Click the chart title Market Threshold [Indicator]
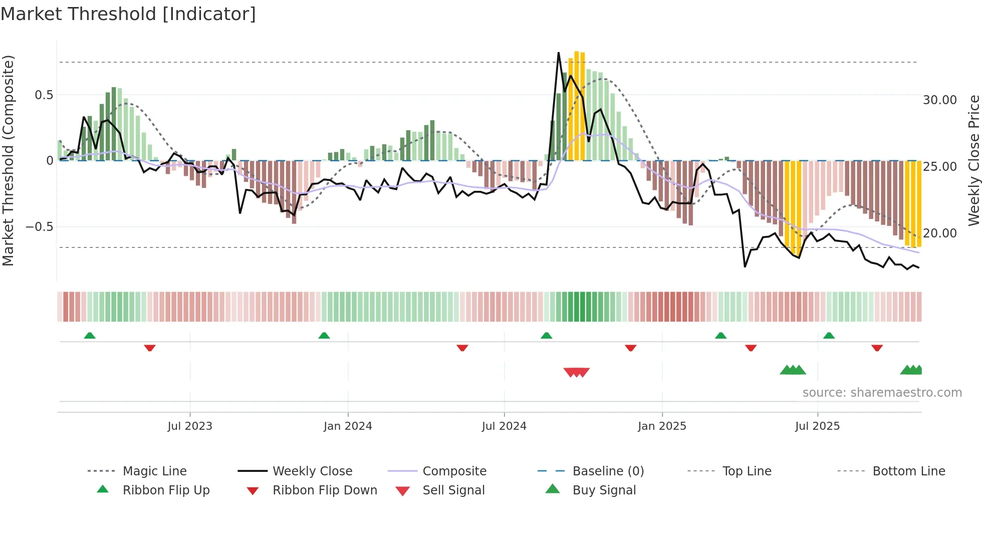coord(128,14)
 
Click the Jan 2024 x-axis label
coord(348,426)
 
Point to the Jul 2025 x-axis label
coord(817,426)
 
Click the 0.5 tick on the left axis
coord(44,95)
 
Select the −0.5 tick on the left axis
coord(40,227)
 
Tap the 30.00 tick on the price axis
coord(939,100)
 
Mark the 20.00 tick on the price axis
coord(939,233)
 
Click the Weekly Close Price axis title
coord(973,160)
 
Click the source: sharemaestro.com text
coord(882,393)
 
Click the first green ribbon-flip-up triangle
coord(90,336)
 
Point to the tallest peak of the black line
coord(559,53)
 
